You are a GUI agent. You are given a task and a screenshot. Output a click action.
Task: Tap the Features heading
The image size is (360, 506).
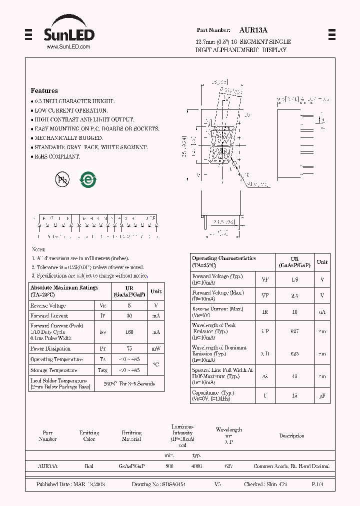tap(44, 91)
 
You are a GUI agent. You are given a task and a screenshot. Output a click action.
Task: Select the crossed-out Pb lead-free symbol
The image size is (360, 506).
tap(62, 179)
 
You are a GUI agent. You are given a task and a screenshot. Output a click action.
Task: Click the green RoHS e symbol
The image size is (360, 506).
tap(88, 179)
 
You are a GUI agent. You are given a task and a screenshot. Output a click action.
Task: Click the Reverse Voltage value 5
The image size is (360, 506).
tap(129, 305)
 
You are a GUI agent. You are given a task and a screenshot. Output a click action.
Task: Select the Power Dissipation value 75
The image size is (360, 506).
tap(129, 348)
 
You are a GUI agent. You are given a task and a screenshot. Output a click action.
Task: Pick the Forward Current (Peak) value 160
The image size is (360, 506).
tap(129, 331)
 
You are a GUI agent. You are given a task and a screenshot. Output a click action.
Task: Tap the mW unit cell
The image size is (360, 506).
tap(156, 348)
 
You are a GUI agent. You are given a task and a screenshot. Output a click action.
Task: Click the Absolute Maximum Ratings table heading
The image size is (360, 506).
tap(64, 291)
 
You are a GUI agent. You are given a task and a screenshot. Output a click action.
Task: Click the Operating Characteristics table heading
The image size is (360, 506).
tap(224, 261)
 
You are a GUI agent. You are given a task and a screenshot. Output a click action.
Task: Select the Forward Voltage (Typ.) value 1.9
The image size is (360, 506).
tap(294, 279)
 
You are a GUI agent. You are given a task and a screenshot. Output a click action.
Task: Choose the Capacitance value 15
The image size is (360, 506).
tap(294, 395)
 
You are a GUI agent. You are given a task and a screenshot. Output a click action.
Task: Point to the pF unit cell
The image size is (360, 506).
tap(322, 395)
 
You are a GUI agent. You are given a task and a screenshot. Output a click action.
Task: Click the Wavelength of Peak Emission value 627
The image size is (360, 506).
tap(294, 331)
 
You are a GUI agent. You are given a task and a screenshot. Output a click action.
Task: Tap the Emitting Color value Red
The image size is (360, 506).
tap(89, 466)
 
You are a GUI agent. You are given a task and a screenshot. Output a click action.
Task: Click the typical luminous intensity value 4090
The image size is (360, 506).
tap(197, 466)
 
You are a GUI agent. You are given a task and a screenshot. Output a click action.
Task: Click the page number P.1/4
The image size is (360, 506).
tap(318, 484)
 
